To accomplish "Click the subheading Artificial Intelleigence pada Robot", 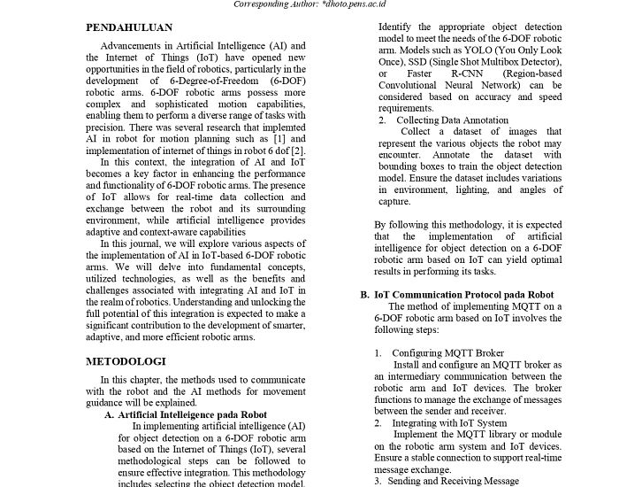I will [192, 414].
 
